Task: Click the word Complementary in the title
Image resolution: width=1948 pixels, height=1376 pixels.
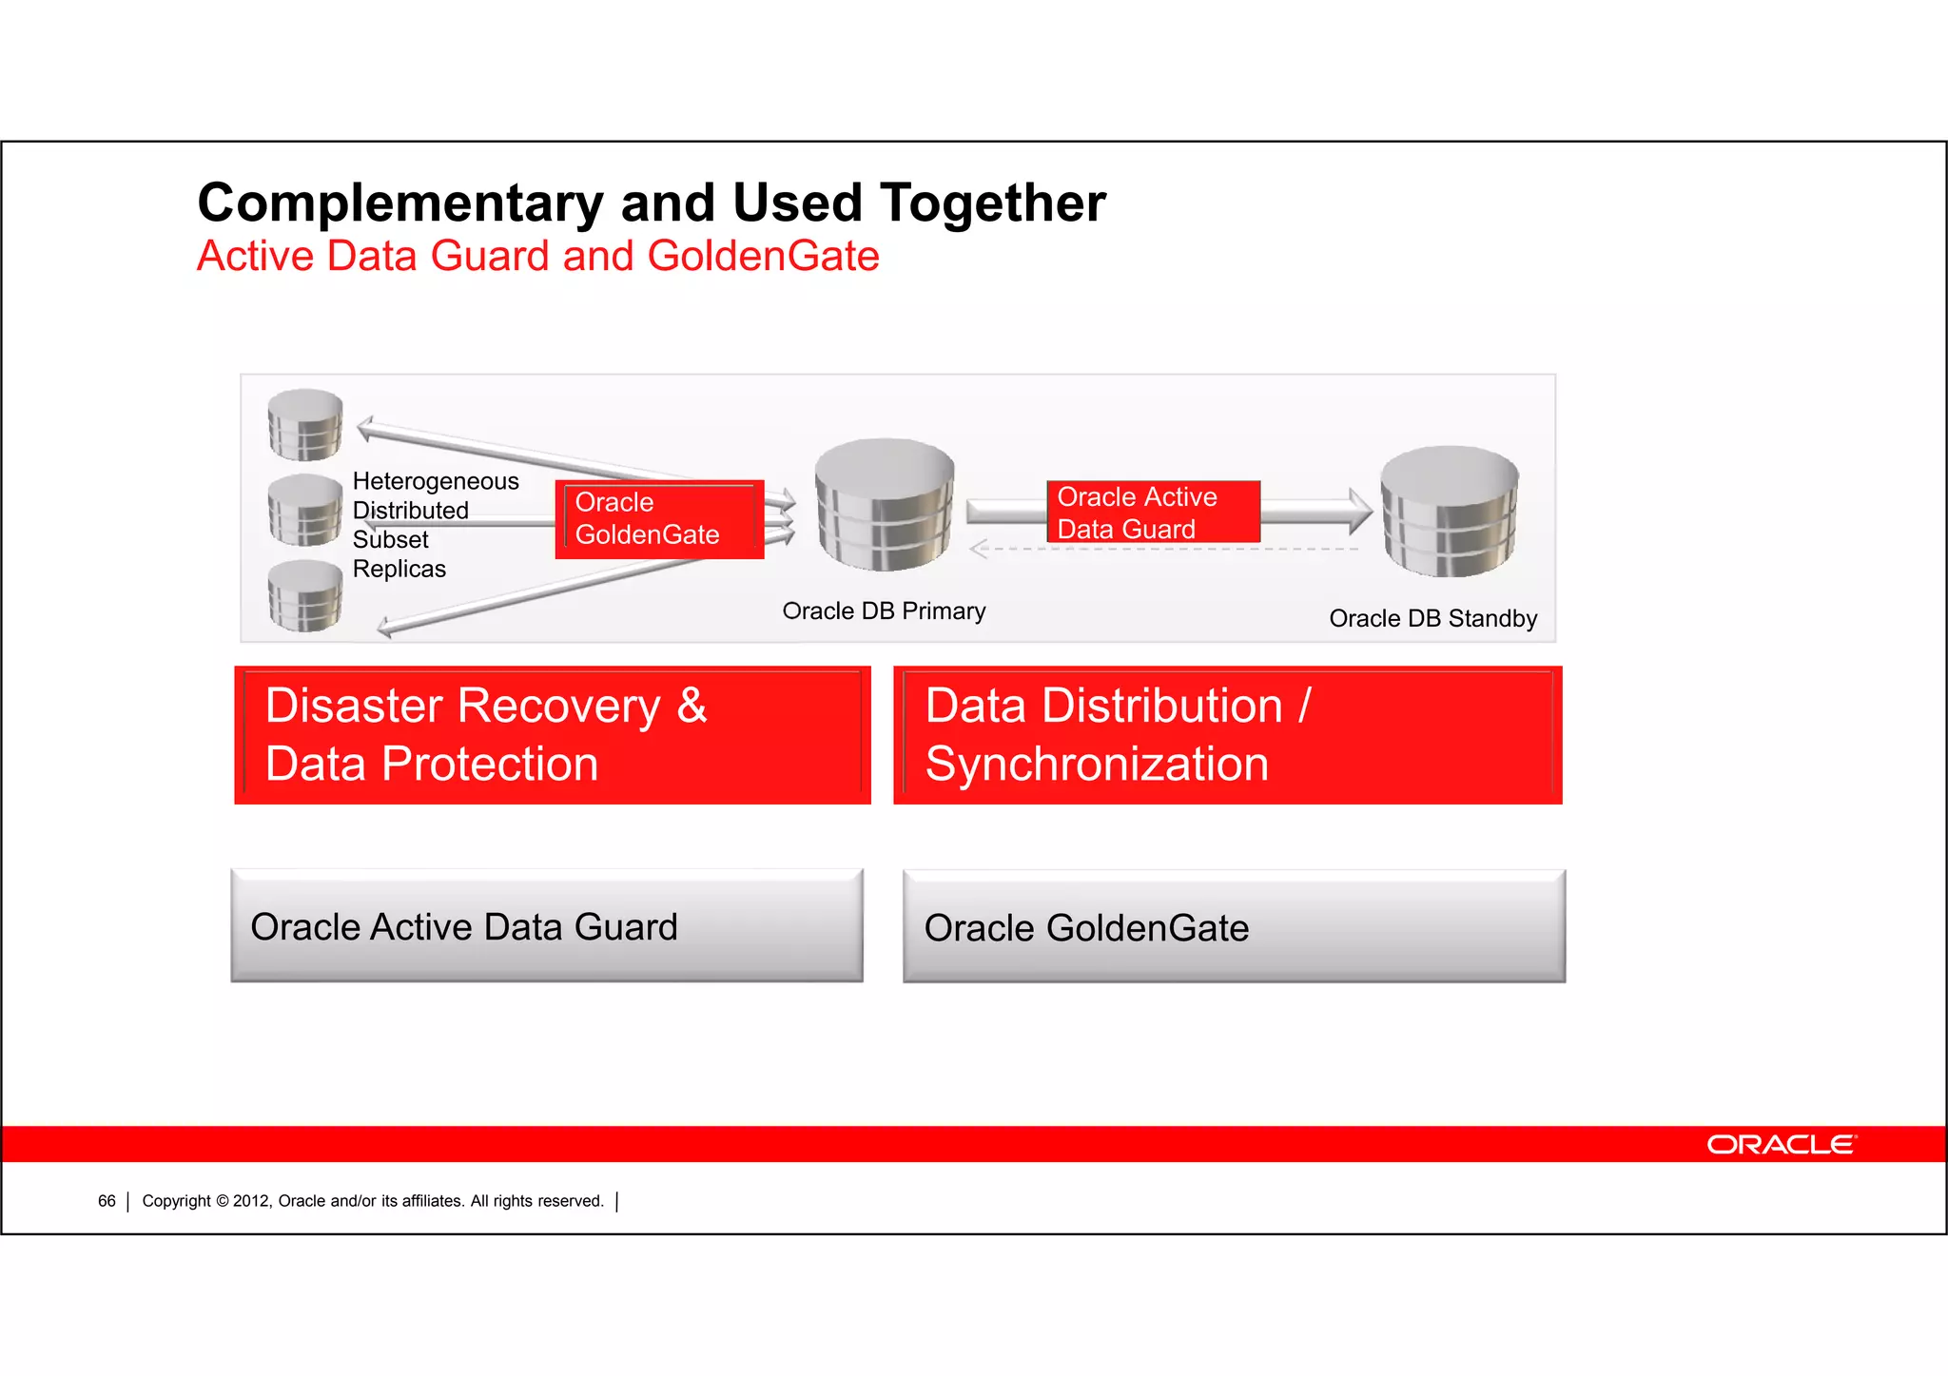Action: point(399,203)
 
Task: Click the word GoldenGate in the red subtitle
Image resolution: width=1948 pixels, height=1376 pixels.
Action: point(763,257)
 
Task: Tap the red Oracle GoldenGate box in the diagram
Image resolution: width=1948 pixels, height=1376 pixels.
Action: point(658,519)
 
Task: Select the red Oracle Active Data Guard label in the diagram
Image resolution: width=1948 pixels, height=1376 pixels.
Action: point(1153,513)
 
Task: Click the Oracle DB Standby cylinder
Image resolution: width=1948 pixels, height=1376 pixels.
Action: point(1449,511)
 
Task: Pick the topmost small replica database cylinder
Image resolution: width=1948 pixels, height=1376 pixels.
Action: point(304,424)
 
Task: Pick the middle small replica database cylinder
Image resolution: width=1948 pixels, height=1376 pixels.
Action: point(304,510)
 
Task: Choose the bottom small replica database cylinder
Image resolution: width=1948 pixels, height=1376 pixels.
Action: point(304,595)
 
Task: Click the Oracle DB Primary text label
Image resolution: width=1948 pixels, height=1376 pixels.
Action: point(884,611)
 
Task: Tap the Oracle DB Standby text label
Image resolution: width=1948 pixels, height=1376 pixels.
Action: point(1432,619)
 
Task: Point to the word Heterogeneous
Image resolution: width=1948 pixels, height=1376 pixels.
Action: point(436,481)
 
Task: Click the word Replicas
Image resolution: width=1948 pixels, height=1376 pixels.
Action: point(399,569)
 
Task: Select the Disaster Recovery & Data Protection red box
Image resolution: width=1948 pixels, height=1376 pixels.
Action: point(552,735)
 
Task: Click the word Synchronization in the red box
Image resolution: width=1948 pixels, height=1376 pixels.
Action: point(1097,765)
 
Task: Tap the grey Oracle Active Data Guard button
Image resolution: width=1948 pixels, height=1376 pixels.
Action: point(547,926)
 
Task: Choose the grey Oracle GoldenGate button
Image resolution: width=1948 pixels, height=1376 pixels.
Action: point(1234,927)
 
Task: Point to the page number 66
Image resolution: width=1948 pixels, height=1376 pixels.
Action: point(107,1201)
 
